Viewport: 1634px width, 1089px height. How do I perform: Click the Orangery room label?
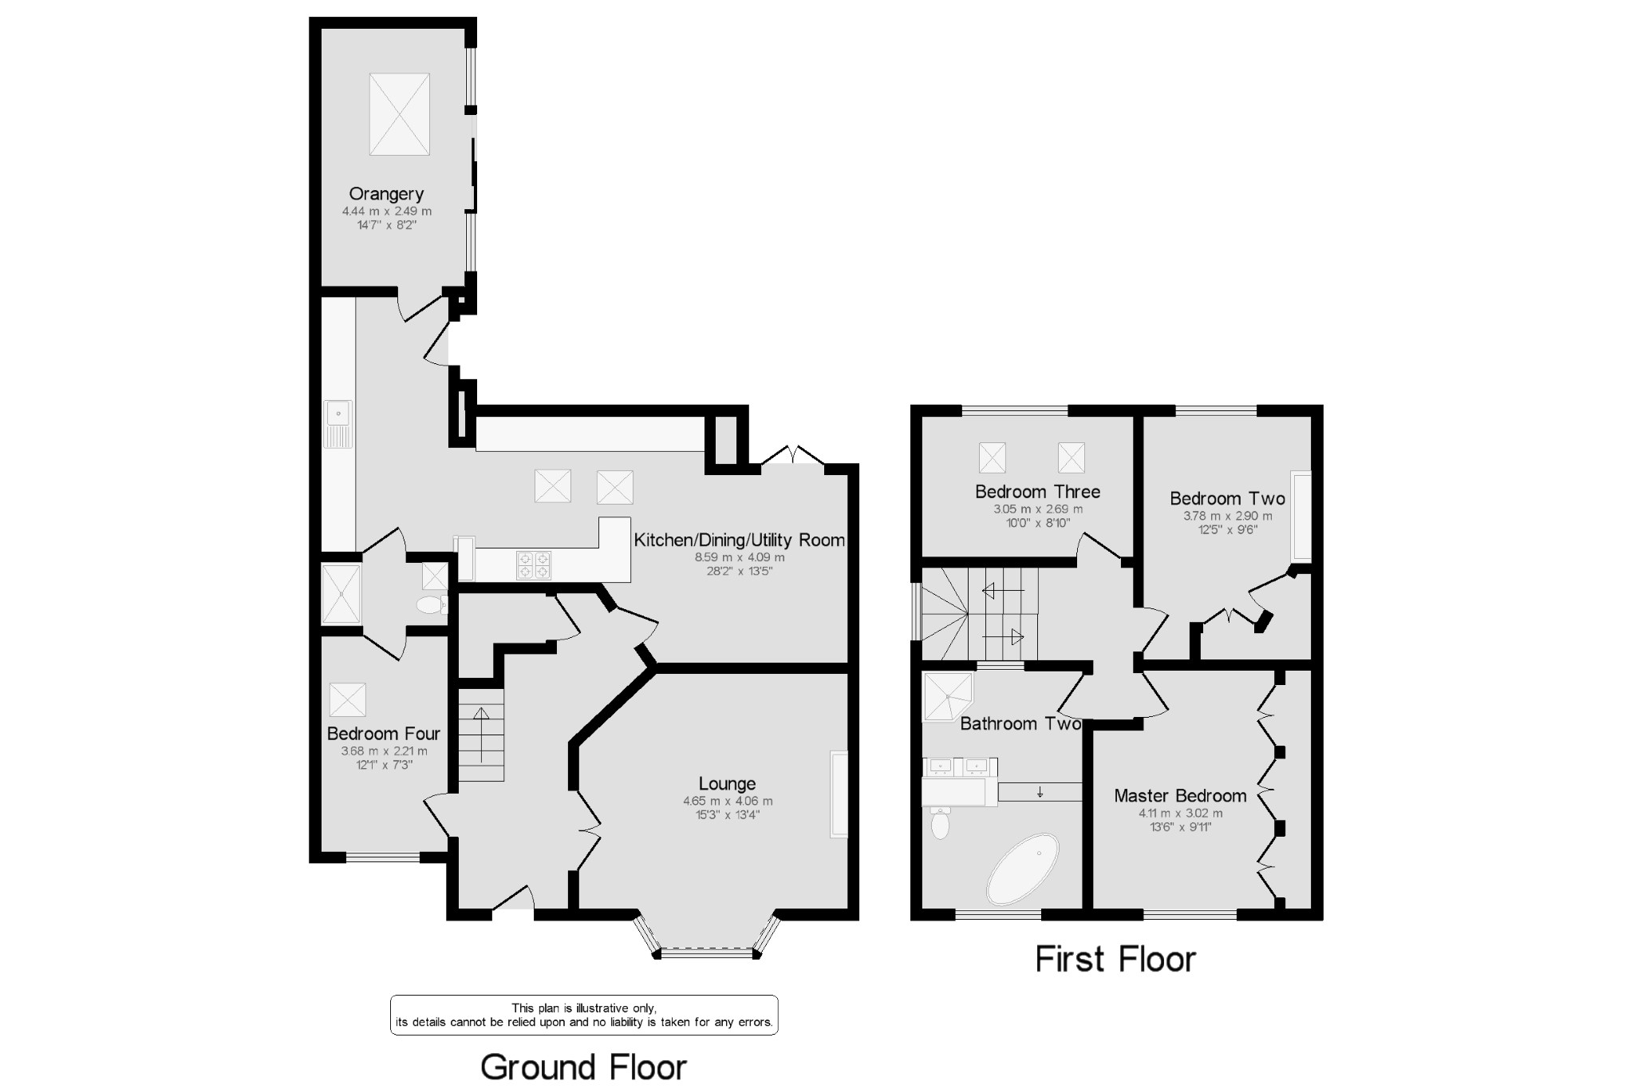[x=386, y=194]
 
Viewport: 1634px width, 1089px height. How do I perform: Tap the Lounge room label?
[x=727, y=784]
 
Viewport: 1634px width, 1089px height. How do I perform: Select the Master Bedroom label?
[x=1180, y=796]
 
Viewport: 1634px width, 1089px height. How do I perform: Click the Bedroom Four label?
[x=384, y=734]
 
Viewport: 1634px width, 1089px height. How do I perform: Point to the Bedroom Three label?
[x=1037, y=492]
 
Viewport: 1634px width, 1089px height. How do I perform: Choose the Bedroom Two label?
[x=1227, y=499]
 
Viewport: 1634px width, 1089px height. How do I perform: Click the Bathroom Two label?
[x=1020, y=724]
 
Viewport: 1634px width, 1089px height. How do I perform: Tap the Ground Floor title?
[x=583, y=1067]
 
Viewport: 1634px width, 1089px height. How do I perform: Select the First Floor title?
[x=1115, y=959]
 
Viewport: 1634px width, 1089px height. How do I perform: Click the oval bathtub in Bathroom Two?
[x=1023, y=869]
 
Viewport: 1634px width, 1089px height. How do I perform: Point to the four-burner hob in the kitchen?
[x=534, y=565]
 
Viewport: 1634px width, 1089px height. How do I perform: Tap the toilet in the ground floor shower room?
[x=431, y=605]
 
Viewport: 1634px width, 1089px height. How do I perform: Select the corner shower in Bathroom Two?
[x=946, y=696]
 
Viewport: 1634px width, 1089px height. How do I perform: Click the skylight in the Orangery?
[x=400, y=114]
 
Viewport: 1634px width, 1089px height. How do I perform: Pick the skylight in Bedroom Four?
[x=348, y=699]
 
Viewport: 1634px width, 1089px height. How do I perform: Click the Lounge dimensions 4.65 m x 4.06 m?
[x=727, y=801]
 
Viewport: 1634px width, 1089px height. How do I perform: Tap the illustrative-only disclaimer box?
[x=584, y=1015]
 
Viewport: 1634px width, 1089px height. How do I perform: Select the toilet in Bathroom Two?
[x=941, y=822]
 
